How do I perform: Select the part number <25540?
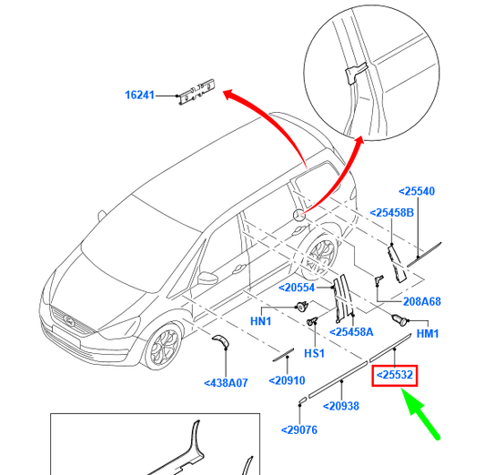coord(417,191)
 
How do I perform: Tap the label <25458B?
coord(391,213)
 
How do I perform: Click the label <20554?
coord(297,287)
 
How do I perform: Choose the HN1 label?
coord(261,321)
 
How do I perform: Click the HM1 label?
coord(427,334)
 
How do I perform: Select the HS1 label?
coord(314,353)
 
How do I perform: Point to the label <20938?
coord(344,406)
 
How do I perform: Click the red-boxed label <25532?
coord(395,374)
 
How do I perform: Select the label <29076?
coord(299,430)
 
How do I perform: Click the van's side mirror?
coord(207,278)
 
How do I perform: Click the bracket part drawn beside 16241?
coord(197,90)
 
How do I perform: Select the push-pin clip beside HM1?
coord(398,319)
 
